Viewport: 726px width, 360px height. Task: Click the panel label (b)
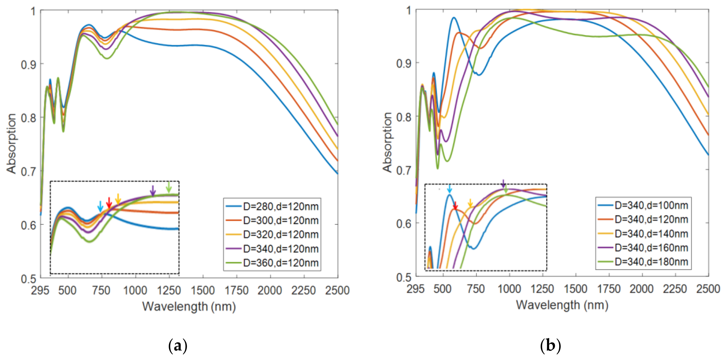(550, 345)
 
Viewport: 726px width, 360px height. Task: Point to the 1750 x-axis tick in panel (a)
(236, 290)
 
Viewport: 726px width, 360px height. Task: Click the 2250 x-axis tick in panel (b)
(675, 289)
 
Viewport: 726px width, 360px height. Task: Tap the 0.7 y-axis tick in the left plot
(29, 171)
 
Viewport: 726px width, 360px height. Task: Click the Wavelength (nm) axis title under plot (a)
(189, 307)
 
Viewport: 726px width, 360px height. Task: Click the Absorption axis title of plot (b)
(388, 142)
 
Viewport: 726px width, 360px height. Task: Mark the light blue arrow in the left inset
(100, 206)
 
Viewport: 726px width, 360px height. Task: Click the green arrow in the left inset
(169, 187)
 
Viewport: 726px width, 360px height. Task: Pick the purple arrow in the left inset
(152, 191)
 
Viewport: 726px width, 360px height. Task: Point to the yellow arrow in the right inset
(470, 203)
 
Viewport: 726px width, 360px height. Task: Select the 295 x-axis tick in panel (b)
(415, 289)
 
